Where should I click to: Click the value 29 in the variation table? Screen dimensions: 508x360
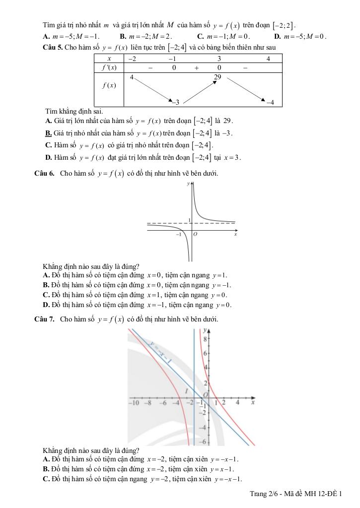click(217, 77)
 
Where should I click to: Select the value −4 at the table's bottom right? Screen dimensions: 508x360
click(270, 103)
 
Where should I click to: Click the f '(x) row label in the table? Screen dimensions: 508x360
click(109, 68)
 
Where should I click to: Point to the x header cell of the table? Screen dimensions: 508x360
click(109, 59)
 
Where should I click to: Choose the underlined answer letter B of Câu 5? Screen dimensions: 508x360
click(48, 133)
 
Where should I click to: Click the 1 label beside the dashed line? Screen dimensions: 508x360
click(189, 220)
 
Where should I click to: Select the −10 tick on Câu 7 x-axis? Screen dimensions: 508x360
click(134, 403)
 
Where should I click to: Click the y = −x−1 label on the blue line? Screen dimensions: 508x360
click(159, 351)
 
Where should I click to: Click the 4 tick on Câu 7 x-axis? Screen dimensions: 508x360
click(237, 403)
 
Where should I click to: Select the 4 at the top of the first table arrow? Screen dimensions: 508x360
click(132, 77)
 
